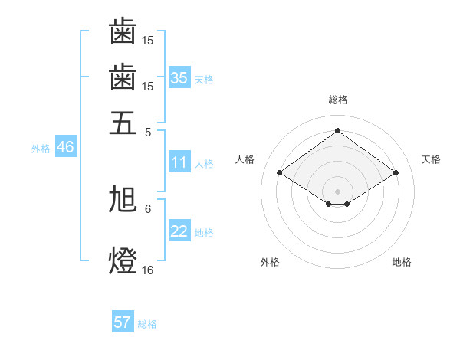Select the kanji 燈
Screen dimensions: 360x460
pyautogui.click(x=123, y=260)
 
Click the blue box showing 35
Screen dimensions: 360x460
pyautogui.click(x=179, y=77)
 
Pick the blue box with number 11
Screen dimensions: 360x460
pyautogui.click(x=179, y=162)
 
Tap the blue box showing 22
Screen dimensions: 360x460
pyautogui.click(x=179, y=231)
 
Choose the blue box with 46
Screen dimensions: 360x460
pyautogui.click(x=65, y=147)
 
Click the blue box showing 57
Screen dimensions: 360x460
pyautogui.click(x=123, y=322)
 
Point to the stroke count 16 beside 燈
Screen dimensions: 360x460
pyautogui.click(x=148, y=270)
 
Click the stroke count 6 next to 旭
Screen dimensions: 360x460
pyautogui.click(x=148, y=208)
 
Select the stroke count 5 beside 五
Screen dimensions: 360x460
pyautogui.click(x=148, y=131)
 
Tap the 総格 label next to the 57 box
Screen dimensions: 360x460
pyautogui.click(x=147, y=324)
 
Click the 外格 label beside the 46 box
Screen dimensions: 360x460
pyautogui.click(x=41, y=149)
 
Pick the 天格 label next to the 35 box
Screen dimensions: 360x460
pyautogui.click(x=204, y=79)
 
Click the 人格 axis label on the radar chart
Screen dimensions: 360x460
pyautogui.click(x=245, y=159)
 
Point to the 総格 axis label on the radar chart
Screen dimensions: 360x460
pyautogui.click(x=338, y=100)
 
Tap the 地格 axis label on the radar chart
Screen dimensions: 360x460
pyautogui.click(x=402, y=262)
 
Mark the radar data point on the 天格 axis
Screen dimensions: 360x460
pyautogui.click(x=396, y=173)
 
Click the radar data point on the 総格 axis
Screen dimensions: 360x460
pyautogui.click(x=338, y=130)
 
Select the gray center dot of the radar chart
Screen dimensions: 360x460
pyautogui.click(x=338, y=191)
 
